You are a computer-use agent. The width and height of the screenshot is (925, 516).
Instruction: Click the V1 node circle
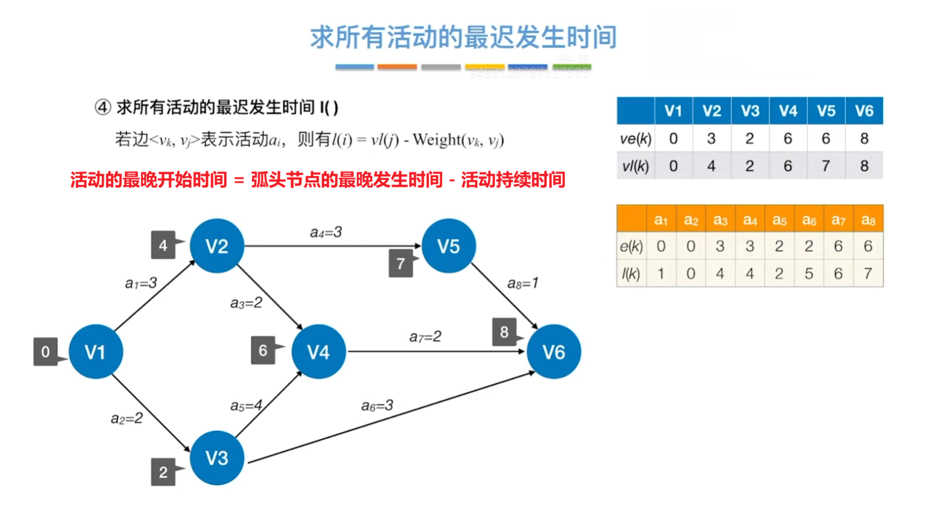point(96,352)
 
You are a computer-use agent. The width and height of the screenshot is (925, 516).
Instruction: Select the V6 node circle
point(553,352)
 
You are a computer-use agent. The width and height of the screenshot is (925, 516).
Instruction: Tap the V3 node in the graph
point(217,458)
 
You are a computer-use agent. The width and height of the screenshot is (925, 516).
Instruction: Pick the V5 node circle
point(448,245)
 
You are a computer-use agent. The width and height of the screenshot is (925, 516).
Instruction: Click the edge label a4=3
point(326,232)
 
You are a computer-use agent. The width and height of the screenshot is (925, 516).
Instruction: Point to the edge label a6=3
point(377,406)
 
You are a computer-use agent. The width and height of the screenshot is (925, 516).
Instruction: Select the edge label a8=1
point(523,283)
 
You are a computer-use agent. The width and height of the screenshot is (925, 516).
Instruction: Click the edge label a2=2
point(126,418)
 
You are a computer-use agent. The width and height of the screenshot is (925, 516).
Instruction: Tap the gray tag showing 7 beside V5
point(401,263)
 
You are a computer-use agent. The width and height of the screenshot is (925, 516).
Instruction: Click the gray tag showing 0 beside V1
point(45,352)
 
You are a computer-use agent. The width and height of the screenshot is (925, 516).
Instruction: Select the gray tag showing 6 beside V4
point(263,351)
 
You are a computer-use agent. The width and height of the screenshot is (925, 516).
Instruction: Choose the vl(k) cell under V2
point(711,166)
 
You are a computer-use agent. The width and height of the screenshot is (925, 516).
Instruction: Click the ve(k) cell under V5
point(826,138)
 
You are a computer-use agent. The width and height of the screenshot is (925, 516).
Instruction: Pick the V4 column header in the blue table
point(787,111)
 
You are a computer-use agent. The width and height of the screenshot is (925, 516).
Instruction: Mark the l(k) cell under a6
point(808,273)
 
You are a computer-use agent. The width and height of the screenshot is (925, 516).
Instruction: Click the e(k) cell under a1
point(661,246)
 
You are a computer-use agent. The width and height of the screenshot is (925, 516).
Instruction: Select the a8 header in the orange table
point(868,220)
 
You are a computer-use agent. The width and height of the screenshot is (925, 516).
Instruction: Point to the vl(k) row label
point(635,166)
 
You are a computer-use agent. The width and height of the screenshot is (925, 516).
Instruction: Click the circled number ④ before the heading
point(102,108)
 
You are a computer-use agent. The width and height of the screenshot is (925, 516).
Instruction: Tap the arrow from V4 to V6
point(435,352)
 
